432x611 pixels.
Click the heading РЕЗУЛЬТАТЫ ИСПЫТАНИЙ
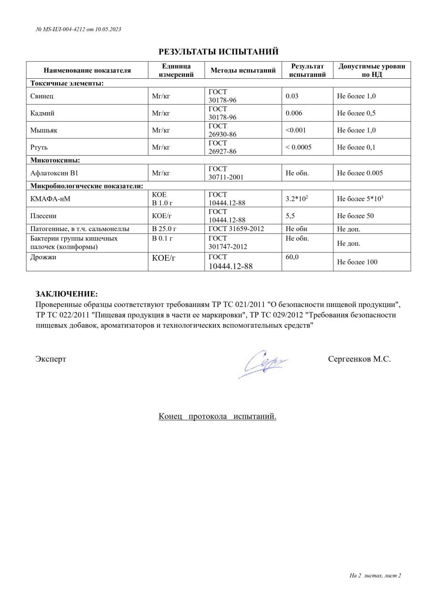click(x=218, y=52)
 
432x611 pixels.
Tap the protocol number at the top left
click(x=78, y=29)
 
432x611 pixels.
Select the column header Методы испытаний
click(x=243, y=70)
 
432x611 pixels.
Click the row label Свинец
click(x=42, y=96)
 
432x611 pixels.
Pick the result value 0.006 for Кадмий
click(x=294, y=113)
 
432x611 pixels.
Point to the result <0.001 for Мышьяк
click(x=295, y=130)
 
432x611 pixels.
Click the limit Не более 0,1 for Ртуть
click(x=356, y=147)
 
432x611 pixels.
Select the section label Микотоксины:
click(x=55, y=160)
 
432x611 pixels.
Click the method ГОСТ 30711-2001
click(x=226, y=173)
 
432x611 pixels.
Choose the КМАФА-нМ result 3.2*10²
click(x=296, y=199)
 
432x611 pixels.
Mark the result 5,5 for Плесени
click(x=290, y=216)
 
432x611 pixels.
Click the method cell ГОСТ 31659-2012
click(x=236, y=229)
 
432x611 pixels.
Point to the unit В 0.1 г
click(x=162, y=238)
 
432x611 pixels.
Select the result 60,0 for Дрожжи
click(x=292, y=257)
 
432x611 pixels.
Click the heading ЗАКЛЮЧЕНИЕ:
click(x=66, y=294)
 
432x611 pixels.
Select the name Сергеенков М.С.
click(x=359, y=359)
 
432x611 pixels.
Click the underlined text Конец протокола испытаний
click(x=217, y=416)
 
